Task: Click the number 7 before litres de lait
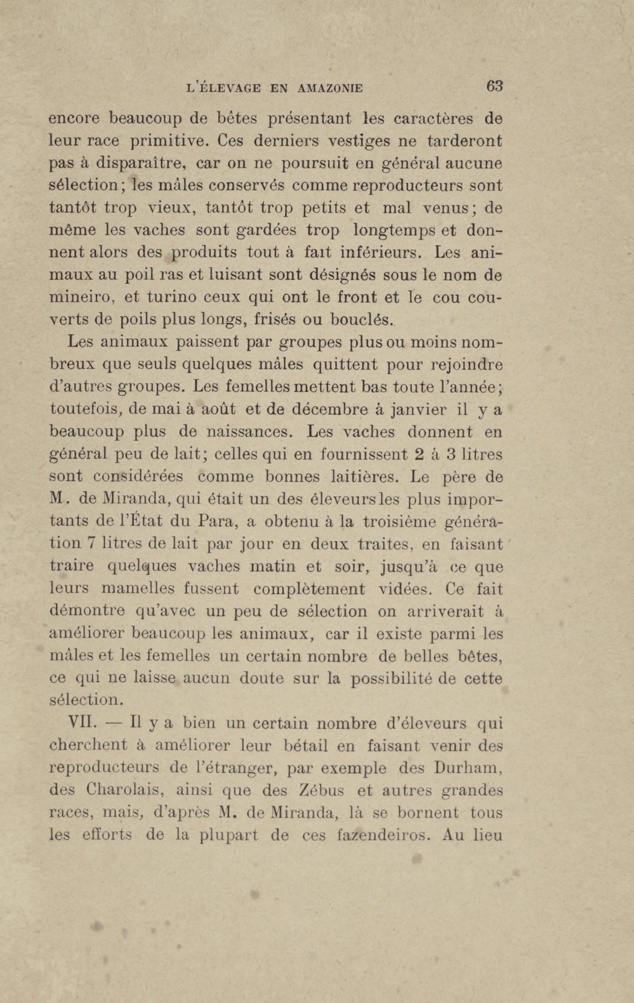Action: click(90, 544)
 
